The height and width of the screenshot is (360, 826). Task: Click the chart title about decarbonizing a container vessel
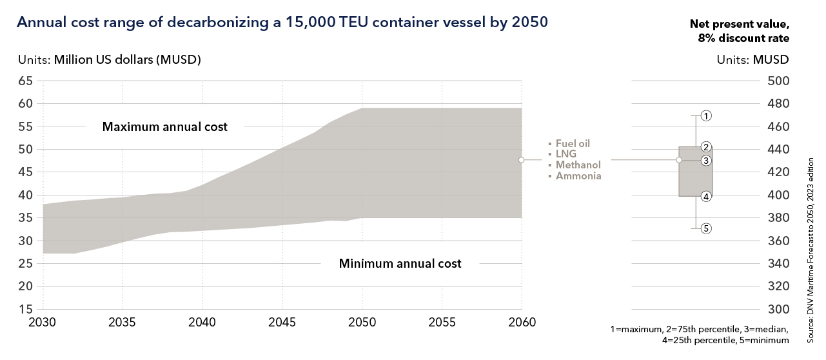282,23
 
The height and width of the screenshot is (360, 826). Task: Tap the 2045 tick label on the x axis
282,322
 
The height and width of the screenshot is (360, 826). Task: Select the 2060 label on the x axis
522,322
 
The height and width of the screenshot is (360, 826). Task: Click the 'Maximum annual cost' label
165,126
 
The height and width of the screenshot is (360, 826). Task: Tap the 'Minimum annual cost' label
400,263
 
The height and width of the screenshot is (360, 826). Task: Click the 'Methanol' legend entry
578,165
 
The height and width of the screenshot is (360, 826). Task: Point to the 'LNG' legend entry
566,155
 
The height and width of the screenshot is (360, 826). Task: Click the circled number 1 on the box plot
706,116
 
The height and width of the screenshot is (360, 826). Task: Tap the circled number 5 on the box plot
706,228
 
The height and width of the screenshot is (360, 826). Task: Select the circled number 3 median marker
706,161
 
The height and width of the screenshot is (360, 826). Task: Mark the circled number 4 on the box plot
706,197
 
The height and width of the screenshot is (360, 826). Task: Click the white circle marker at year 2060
521,159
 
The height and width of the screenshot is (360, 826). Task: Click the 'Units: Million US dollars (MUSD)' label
109,60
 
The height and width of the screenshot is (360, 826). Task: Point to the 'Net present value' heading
740,25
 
